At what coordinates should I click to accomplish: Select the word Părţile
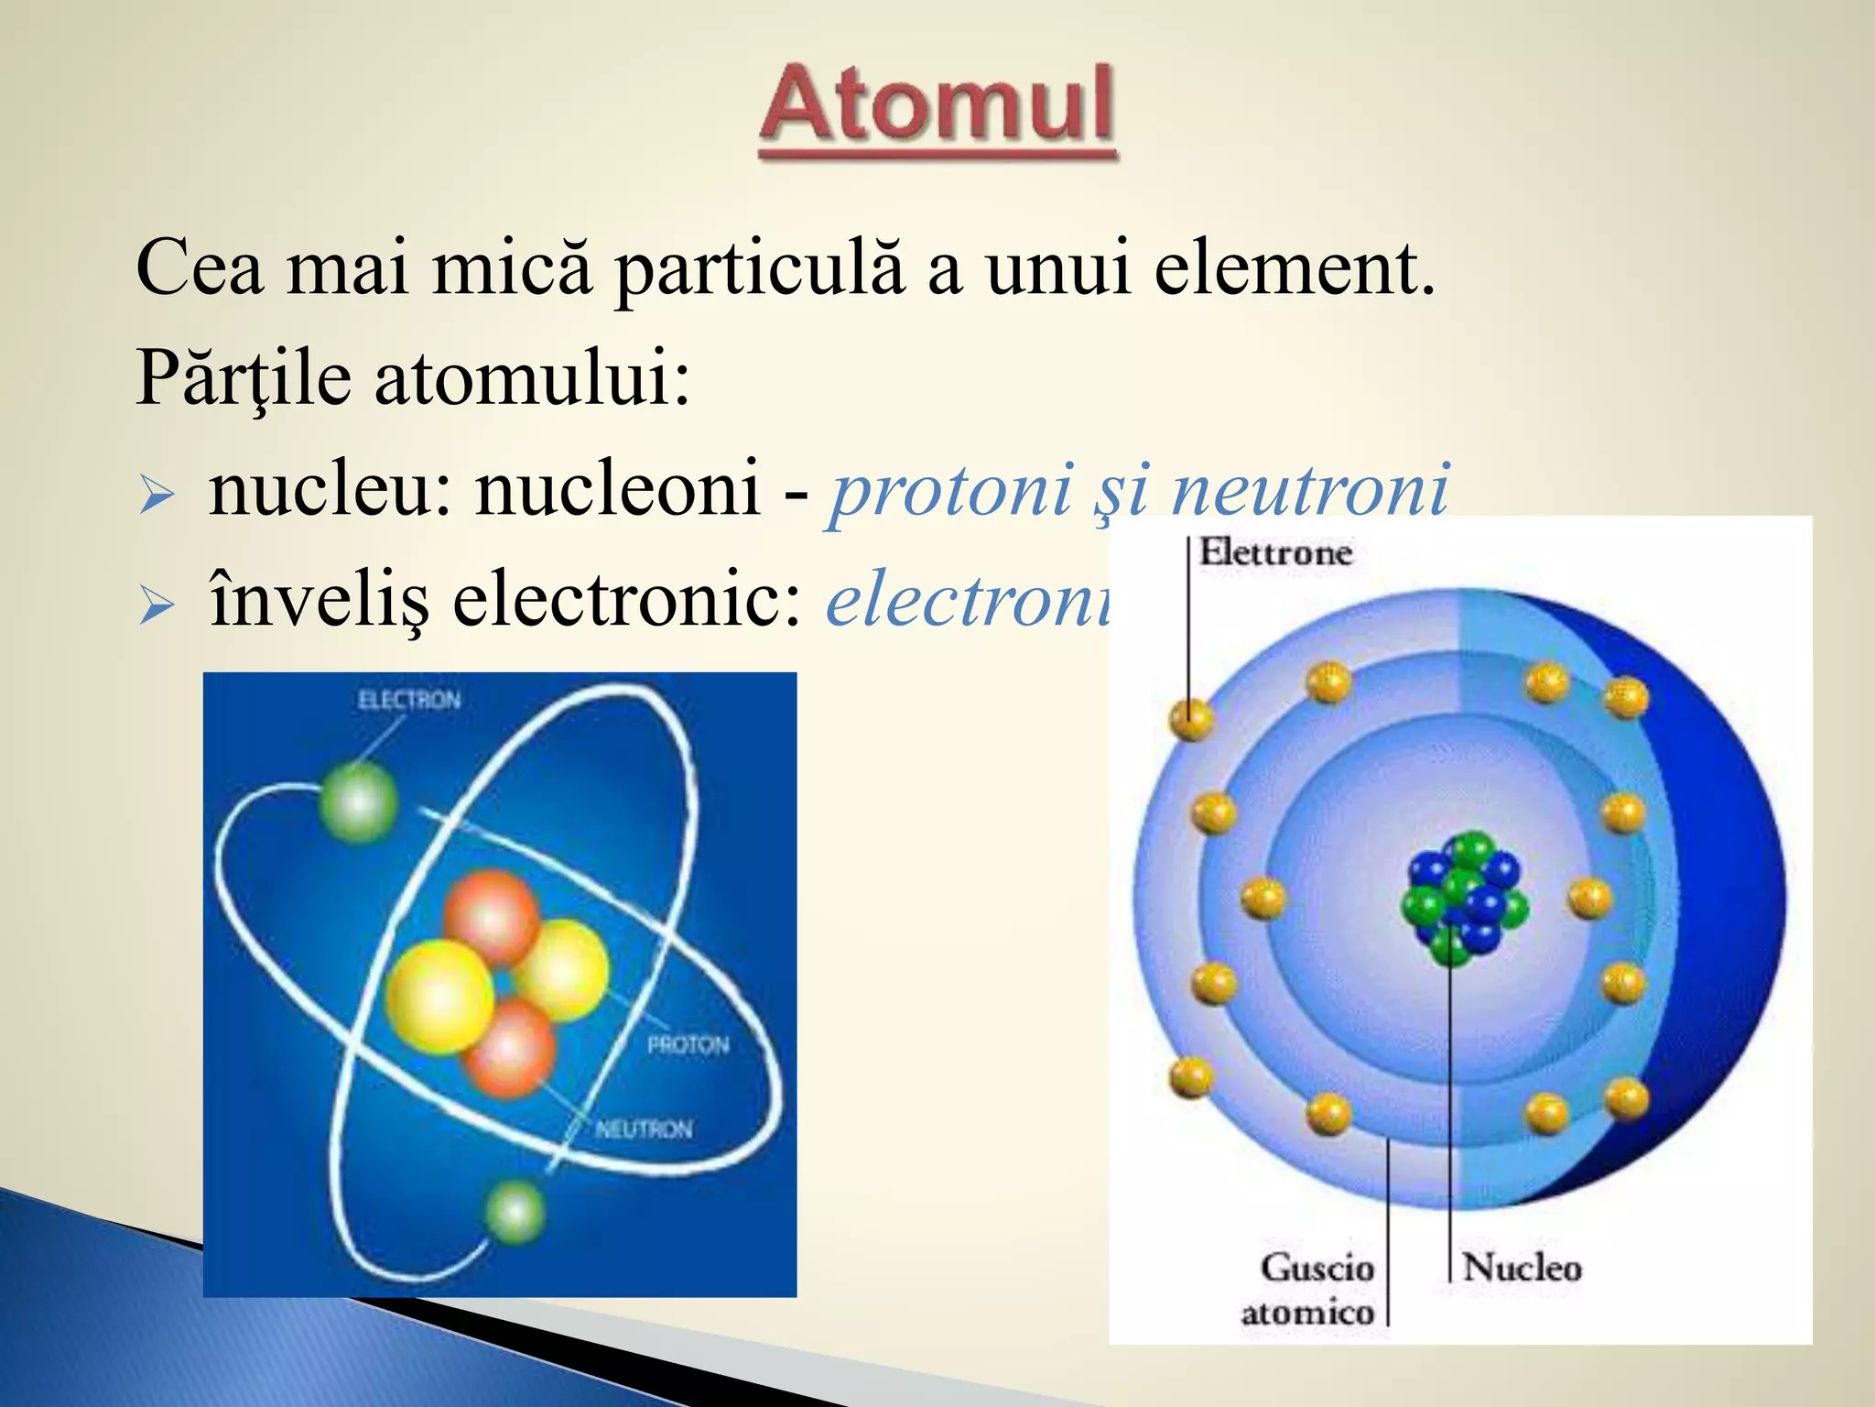click(244, 377)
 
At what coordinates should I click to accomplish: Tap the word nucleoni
click(618, 487)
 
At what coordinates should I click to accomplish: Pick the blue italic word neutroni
click(1310, 489)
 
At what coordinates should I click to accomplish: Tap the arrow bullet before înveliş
click(157, 606)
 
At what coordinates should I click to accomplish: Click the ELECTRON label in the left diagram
click(409, 701)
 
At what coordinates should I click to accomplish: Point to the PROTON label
click(688, 1045)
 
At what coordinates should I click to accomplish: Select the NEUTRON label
click(644, 1129)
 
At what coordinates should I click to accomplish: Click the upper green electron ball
click(358, 802)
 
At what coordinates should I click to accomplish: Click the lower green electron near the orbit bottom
click(515, 1211)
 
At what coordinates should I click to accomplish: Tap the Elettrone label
click(1275, 552)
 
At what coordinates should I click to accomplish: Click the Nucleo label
click(1522, 1268)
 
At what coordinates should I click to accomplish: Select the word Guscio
click(1317, 1268)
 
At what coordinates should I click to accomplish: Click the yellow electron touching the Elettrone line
click(1191, 718)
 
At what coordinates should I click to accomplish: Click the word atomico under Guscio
click(1307, 1313)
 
